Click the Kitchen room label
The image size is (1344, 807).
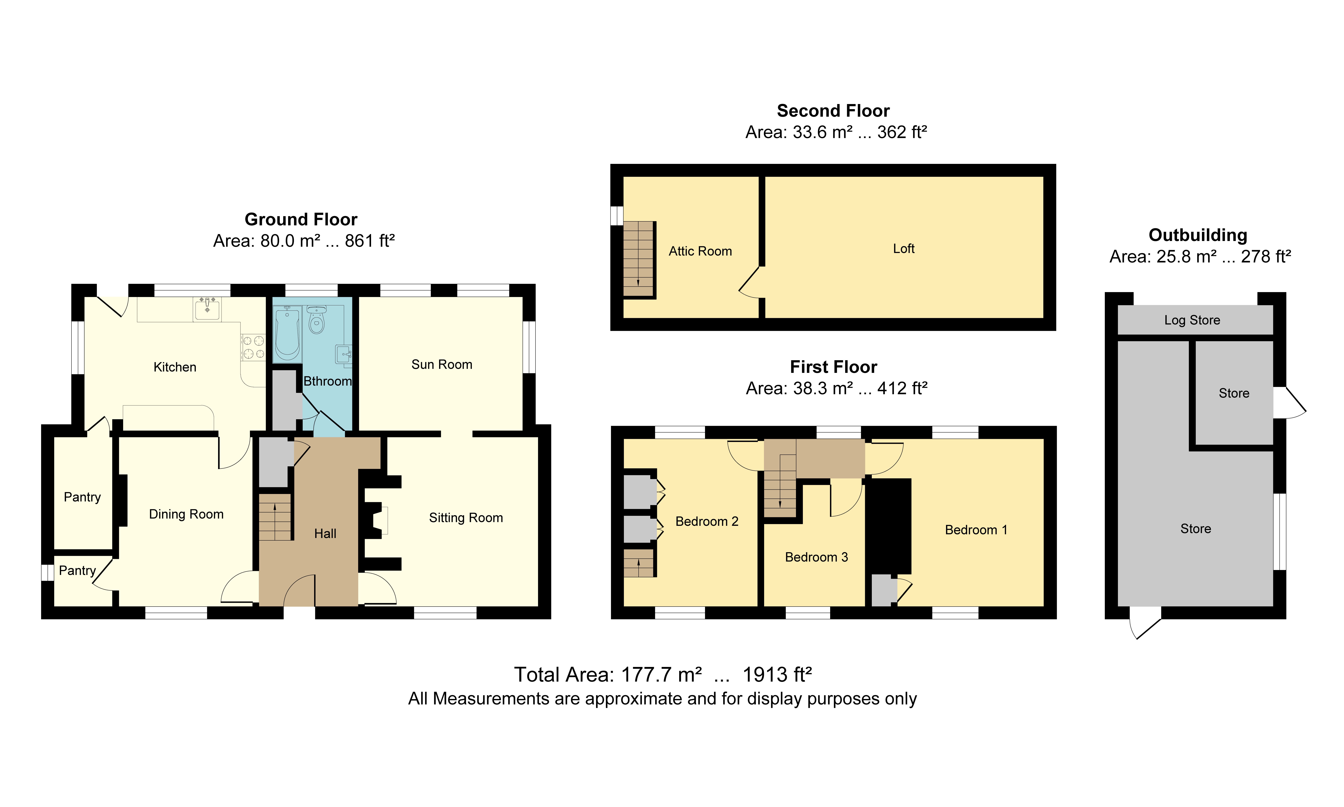pos(174,367)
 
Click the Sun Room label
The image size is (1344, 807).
pos(441,364)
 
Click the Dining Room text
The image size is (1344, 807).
pos(186,514)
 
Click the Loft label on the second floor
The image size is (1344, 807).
pos(904,248)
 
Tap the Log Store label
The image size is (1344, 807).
pos(1192,320)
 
